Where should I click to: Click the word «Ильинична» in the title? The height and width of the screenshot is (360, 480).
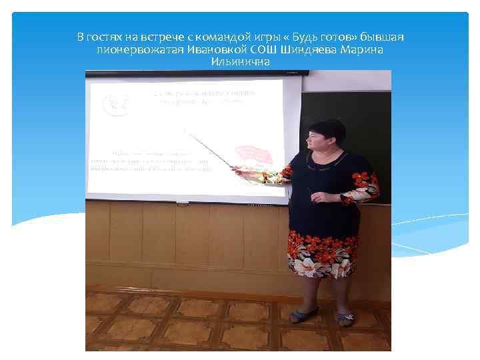click(x=239, y=62)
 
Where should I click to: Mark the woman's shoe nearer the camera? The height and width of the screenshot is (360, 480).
click(x=343, y=318)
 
